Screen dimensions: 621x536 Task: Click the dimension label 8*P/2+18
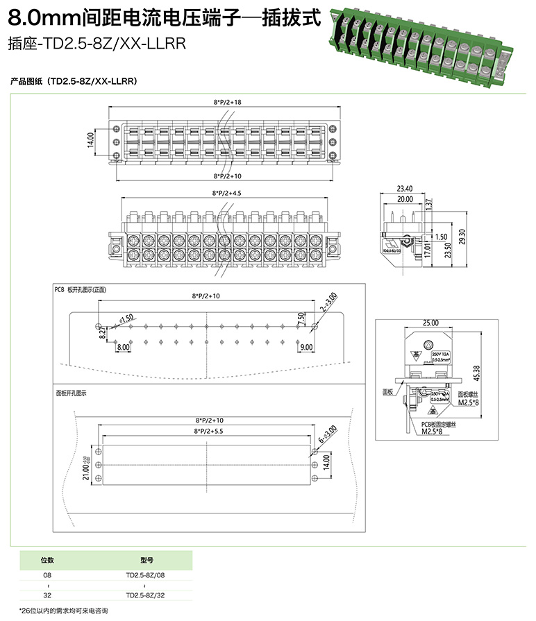(227, 102)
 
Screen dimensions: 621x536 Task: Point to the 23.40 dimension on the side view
(405, 189)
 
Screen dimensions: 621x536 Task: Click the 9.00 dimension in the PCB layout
(308, 346)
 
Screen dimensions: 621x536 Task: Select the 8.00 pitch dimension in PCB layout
(124, 346)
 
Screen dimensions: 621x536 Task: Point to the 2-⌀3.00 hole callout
(328, 302)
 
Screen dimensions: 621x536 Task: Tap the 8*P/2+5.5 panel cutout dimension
(207, 431)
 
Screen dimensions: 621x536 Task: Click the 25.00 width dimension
(430, 323)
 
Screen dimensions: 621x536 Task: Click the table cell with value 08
(47, 575)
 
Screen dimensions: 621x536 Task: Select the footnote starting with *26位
(64, 611)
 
